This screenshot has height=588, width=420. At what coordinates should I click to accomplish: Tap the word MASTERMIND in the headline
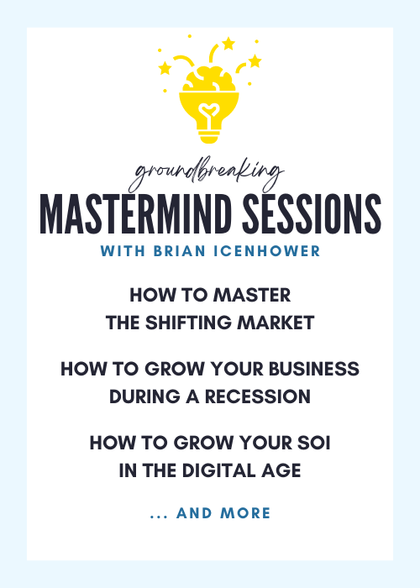pyautogui.click(x=135, y=214)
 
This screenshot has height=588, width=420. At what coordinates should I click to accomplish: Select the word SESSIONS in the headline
pyautogui.click(x=312, y=214)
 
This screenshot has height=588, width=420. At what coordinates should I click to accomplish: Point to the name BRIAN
pyautogui.click(x=179, y=251)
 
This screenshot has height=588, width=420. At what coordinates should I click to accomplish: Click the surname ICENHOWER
pyautogui.click(x=267, y=251)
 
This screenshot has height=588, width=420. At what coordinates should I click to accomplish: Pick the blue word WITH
pyautogui.click(x=123, y=251)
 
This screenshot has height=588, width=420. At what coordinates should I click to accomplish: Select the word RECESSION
pyautogui.click(x=258, y=396)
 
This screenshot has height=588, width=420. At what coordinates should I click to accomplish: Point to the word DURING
pyautogui.click(x=144, y=396)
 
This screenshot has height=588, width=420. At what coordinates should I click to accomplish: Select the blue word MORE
pyautogui.click(x=245, y=513)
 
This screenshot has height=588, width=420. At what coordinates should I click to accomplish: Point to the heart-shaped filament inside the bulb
pyautogui.click(x=209, y=112)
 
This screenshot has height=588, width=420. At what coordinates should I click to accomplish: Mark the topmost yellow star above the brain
pyautogui.click(x=228, y=44)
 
